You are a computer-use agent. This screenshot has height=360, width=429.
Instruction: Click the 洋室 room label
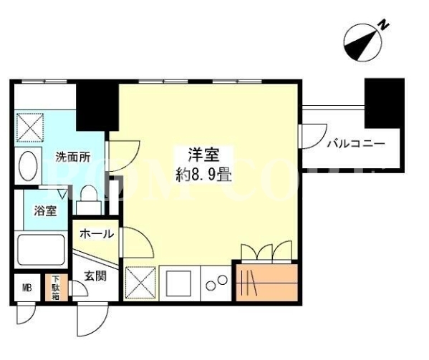point(204,155)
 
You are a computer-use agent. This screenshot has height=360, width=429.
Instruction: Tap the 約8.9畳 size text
point(204,175)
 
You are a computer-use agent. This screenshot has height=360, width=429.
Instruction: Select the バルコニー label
point(357,143)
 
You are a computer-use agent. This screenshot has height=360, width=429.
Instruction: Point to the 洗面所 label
point(73,157)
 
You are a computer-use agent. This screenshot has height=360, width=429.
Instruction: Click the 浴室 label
point(45,210)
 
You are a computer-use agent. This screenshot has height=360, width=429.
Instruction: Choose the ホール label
point(97,234)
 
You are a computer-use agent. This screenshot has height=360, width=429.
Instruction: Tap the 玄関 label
point(95,276)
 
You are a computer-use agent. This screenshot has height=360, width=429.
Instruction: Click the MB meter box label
point(27,288)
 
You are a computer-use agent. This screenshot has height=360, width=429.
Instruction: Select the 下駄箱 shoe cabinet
point(57,288)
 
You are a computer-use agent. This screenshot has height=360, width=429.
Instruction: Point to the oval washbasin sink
point(28,165)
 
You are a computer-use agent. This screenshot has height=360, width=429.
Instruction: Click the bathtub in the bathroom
point(41,250)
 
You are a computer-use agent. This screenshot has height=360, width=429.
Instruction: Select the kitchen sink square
point(179,283)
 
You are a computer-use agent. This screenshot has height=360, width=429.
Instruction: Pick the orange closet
point(266,283)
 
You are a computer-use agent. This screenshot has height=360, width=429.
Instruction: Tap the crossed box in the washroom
point(30,127)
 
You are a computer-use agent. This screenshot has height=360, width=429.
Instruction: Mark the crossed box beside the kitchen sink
point(140,283)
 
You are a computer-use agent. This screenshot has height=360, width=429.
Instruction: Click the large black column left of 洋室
point(97,107)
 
